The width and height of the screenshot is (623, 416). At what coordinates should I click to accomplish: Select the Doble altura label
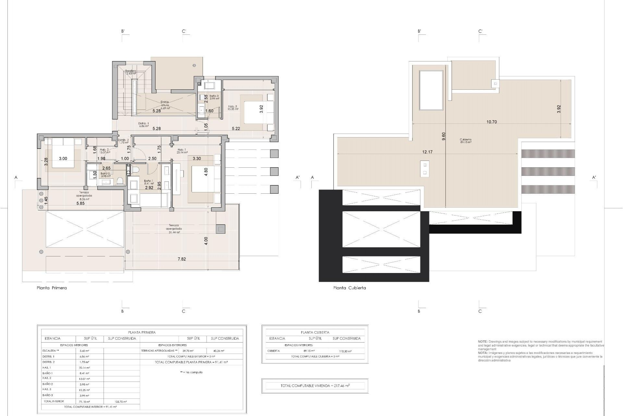pyautogui.click(x=165, y=103)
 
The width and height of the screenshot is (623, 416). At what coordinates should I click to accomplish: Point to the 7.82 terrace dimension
pyautogui.click(x=182, y=259)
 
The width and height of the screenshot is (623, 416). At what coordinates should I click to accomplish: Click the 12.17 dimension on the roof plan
pyautogui.click(x=427, y=152)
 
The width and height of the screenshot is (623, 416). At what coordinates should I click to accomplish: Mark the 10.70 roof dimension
pyautogui.click(x=492, y=122)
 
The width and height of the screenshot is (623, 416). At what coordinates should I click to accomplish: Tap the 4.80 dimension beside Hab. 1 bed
pyautogui.click(x=205, y=172)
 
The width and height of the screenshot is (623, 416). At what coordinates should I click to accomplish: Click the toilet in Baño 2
pyautogui.click(x=120, y=180)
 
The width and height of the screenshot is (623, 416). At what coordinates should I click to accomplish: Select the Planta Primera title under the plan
pyautogui.click(x=52, y=288)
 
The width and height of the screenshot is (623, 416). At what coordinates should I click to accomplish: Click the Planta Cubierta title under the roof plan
pyautogui.click(x=349, y=288)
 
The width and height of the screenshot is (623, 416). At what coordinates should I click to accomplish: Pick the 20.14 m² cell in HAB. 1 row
pyautogui.click(x=84, y=368)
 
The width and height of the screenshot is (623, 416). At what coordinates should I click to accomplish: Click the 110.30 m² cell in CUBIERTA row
pyautogui.click(x=345, y=351)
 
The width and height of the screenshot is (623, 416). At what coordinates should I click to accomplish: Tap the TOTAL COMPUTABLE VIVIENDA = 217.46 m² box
pyautogui.click(x=315, y=386)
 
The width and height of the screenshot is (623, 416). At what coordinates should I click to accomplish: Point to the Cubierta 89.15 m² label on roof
pyautogui.click(x=465, y=141)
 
